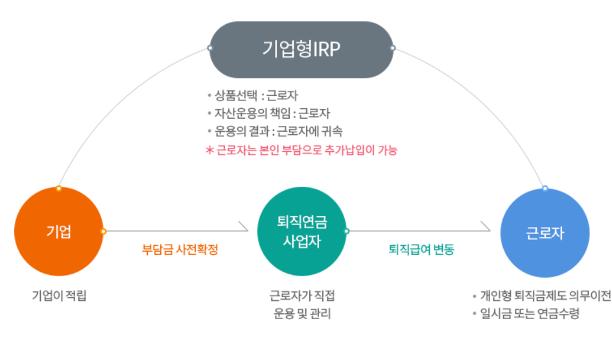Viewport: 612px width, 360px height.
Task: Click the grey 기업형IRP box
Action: point(301,49)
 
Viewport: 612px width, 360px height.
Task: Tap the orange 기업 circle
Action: point(58,232)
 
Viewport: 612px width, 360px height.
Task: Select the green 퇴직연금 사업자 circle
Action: point(301,232)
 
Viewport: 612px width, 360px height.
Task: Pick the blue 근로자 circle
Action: point(545,232)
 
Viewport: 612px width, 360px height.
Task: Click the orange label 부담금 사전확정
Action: point(180,249)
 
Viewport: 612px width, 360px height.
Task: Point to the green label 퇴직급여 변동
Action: point(421,249)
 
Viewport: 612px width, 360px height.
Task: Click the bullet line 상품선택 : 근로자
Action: point(255,96)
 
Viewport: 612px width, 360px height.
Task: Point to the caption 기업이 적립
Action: point(59,296)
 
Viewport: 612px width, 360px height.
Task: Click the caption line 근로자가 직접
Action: point(302,296)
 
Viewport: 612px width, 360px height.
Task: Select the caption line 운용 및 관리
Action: point(302,314)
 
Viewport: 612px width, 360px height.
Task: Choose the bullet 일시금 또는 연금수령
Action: point(529,314)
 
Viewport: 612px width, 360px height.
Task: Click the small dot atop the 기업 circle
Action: point(59,188)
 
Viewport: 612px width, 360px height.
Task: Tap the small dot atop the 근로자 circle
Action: point(545,188)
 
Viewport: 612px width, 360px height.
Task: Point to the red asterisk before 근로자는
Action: point(209,150)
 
